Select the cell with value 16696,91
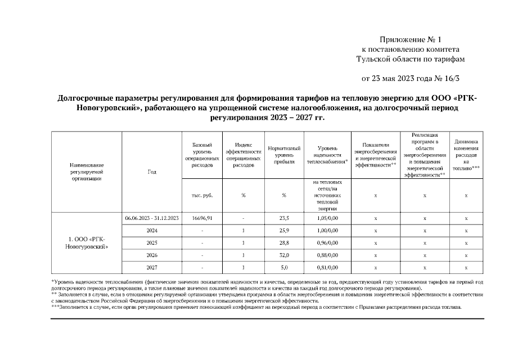pos(202,218)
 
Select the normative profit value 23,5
pos(284,218)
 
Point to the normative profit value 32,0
pos(284,255)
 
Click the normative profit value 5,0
pos(284,267)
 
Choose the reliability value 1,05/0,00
pos(327,218)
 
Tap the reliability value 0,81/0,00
pos(327,267)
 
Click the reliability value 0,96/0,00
pos(327,242)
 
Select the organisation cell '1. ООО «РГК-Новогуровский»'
pos(87,242)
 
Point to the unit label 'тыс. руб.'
pos(202,196)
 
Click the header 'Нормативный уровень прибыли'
pos(284,155)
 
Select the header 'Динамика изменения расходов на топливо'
pos(466,155)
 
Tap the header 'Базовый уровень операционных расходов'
pos(202,155)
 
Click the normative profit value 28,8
pos(284,242)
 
